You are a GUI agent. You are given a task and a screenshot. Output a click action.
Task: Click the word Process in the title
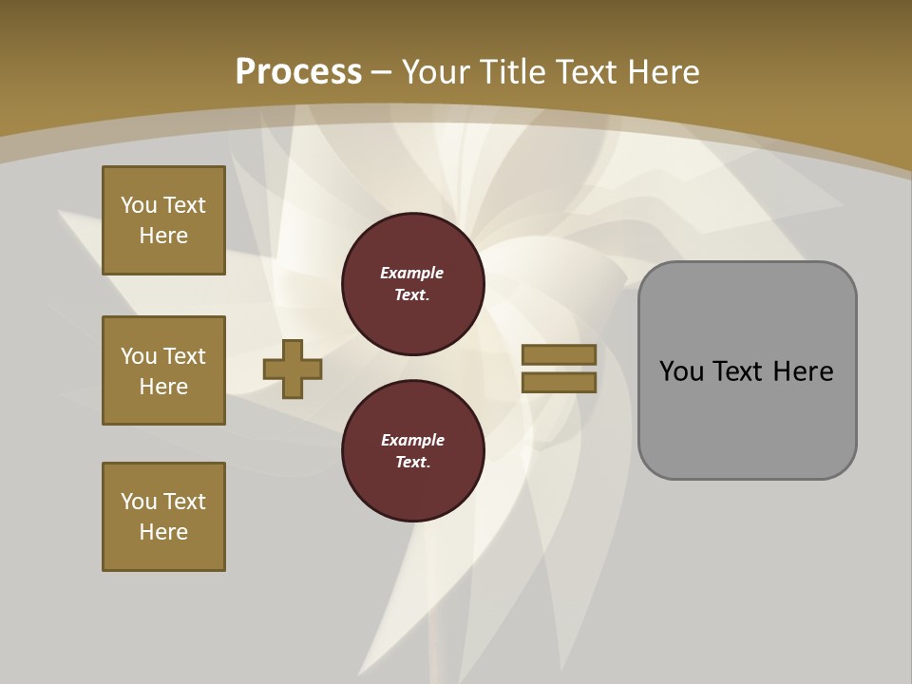coord(298,71)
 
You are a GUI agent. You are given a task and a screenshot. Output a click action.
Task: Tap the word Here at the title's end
coord(660,71)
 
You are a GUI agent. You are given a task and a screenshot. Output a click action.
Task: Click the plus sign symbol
coord(293,370)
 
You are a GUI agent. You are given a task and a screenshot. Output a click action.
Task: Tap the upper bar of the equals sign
coord(559,355)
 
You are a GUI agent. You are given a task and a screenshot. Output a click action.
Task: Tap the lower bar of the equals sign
coord(559,382)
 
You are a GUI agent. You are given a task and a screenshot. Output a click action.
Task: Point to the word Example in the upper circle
coord(412,273)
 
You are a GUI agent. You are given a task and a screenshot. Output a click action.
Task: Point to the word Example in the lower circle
coord(412,440)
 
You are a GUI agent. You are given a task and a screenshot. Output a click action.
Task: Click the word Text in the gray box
coord(735,371)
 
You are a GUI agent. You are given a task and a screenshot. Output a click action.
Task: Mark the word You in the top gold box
coord(138,205)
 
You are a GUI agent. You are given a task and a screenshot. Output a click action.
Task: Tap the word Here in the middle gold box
coord(163,387)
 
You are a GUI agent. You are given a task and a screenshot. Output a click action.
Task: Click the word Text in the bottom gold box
coord(184,502)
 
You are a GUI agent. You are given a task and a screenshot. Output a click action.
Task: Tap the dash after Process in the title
coord(382,72)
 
